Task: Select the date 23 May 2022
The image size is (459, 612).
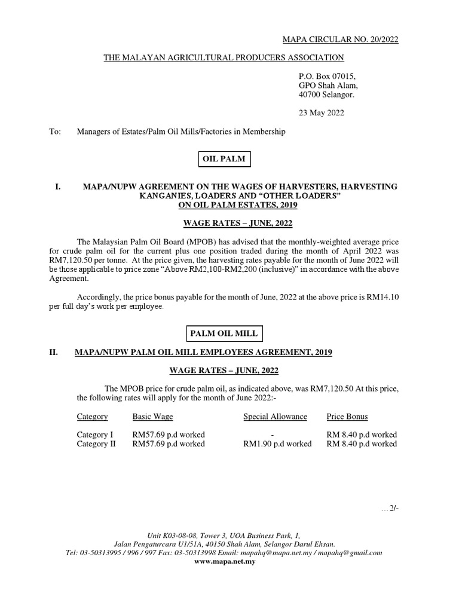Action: [x=321, y=112]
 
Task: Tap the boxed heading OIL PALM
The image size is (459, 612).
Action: [x=225, y=159]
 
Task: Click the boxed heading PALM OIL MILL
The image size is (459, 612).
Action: [x=224, y=333]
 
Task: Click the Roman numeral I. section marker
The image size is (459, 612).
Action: [x=58, y=187]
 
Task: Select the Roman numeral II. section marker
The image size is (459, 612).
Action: [x=53, y=353]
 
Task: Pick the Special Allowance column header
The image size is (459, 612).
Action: [x=275, y=417]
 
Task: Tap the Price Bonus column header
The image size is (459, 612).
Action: [x=347, y=417]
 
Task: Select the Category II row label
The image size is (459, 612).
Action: [x=96, y=444]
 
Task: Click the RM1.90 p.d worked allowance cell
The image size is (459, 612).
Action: [x=277, y=444]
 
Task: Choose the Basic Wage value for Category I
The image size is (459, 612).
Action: [x=169, y=434]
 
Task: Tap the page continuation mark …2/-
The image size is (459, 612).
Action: [x=389, y=509]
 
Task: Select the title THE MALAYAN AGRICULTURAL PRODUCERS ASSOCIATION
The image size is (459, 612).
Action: [x=224, y=57]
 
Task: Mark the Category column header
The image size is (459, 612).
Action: [x=92, y=417]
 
